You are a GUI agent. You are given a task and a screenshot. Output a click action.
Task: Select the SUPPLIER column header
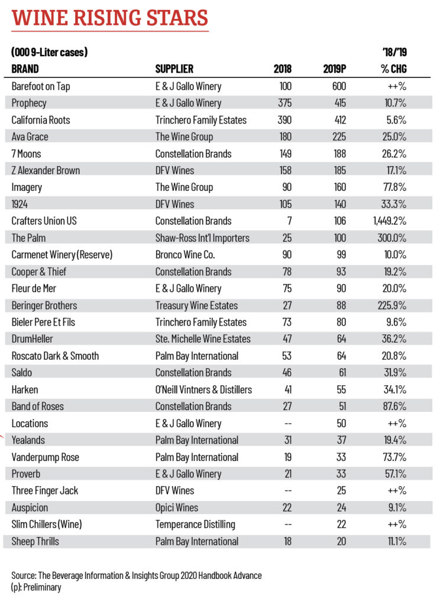174,69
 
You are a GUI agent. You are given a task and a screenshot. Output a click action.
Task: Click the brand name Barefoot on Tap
41,86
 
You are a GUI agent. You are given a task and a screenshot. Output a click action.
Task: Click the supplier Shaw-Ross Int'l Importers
202,238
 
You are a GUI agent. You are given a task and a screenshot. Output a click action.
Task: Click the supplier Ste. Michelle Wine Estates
203,339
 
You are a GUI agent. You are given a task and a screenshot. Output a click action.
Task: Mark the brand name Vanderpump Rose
45,457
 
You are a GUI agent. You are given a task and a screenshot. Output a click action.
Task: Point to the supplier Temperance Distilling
195,525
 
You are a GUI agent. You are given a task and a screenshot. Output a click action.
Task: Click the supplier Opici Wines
177,508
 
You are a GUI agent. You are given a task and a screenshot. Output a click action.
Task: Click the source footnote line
136,575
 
